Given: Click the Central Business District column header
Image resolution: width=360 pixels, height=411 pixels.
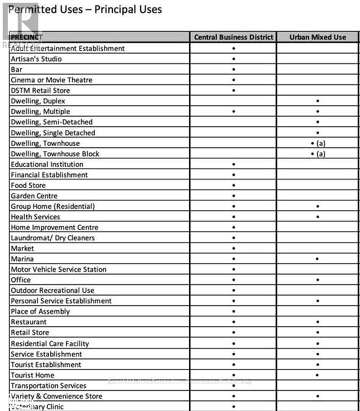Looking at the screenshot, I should [233, 37].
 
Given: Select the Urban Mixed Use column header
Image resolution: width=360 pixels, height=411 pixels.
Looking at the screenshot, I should [317, 37].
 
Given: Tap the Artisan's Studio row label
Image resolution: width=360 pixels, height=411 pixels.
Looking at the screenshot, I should [36, 59].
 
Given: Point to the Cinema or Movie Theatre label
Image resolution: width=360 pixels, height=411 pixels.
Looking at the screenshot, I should [51, 80].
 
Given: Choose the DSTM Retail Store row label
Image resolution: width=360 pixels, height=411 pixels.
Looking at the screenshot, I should [40, 90].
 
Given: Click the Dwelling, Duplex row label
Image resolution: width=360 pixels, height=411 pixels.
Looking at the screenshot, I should [38, 101].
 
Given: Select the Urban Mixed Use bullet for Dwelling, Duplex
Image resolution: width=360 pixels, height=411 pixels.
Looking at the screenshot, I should [318, 101].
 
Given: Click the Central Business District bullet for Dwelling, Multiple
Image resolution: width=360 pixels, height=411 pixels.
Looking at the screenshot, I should [234, 111].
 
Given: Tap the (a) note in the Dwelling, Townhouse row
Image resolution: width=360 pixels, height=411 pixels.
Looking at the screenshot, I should [321, 143].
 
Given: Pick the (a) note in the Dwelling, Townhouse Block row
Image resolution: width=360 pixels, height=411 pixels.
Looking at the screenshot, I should [321, 154].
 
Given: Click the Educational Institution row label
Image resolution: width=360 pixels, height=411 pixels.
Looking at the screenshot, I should [47, 164].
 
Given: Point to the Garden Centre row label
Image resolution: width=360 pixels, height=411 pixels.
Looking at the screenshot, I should [34, 196].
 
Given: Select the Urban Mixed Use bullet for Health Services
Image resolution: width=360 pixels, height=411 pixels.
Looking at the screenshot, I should [318, 217].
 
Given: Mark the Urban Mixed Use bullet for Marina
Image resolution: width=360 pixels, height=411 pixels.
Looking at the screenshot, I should [318, 259].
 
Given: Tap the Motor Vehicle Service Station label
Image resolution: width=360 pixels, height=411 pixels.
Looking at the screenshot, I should [58, 269].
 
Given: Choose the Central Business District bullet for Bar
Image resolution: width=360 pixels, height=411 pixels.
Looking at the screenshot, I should [234, 70].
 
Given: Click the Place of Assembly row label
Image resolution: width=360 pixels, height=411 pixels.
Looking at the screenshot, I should [40, 311].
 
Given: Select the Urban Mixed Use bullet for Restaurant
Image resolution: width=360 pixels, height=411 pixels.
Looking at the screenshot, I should [318, 322].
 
